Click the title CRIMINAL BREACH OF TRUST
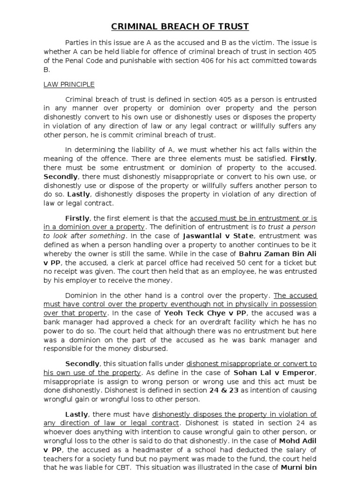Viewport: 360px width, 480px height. pyautogui.click(x=180, y=26)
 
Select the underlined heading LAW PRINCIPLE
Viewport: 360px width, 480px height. pyautogui.click(x=69, y=84)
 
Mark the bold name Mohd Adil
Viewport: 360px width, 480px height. pyautogui.click(x=298, y=441)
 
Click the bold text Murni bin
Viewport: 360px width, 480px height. pyautogui.click(x=298, y=467)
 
